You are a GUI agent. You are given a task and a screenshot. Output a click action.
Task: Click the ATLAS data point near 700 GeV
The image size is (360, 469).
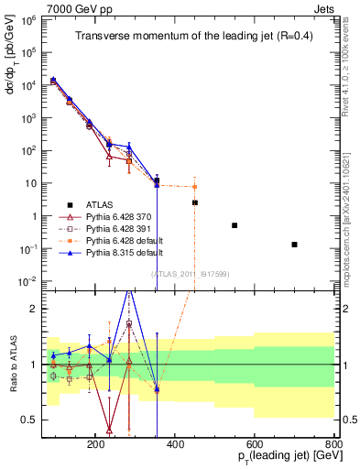(x=294, y=245)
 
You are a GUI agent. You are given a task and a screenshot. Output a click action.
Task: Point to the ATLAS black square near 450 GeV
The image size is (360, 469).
(x=194, y=202)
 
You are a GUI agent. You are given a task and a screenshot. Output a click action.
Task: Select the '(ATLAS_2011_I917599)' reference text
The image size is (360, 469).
(x=189, y=273)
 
